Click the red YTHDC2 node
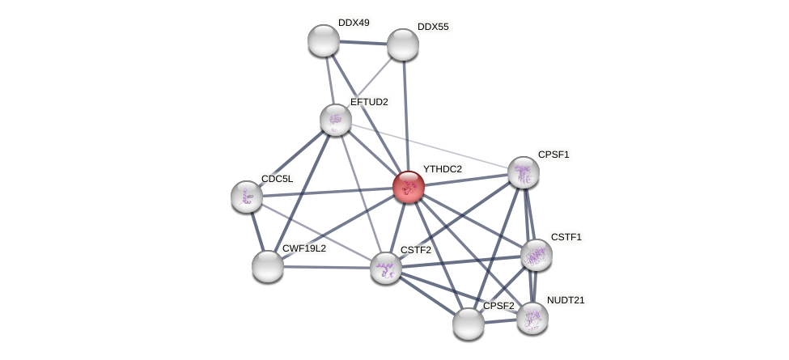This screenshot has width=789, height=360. (409, 187)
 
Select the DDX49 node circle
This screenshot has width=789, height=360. (324, 40)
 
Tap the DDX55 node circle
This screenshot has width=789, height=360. (403, 44)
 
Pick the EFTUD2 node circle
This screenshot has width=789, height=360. (336, 120)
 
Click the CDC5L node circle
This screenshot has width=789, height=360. (247, 197)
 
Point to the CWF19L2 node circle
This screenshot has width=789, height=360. (268, 266)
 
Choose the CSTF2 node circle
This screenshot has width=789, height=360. (386, 268)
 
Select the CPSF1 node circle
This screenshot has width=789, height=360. (524, 172)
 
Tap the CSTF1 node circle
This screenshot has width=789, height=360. (536, 255)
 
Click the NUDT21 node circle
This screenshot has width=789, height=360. (532, 318)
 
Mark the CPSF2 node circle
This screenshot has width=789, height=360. (469, 324)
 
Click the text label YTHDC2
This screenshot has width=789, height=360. (442, 169)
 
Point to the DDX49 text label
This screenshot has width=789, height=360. (354, 23)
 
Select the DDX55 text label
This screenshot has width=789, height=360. (433, 27)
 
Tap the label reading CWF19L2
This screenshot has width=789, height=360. (303, 248)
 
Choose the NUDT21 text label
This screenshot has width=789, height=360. (565, 300)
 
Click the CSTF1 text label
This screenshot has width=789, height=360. (566, 237)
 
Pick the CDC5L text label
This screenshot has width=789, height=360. (277, 179)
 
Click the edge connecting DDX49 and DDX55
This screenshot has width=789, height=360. (363, 42)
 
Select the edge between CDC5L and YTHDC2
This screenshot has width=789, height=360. (328, 192)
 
